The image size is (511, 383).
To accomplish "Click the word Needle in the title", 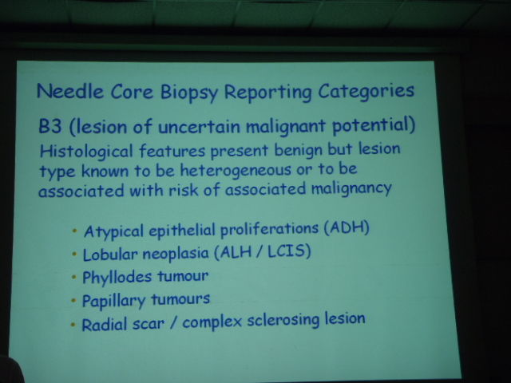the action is tap(70, 91).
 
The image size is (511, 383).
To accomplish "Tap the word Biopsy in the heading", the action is tap(188, 93).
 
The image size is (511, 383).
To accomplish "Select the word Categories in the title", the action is tap(366, 91).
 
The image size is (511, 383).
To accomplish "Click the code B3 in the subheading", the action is tap(50, 126).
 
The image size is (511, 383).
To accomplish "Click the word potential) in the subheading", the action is tap(374, 125).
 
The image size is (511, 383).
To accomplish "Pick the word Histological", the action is tap(86, 152).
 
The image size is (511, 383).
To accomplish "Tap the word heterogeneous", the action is tap(236, 171).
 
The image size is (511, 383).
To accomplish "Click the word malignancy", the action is tap(351, 189).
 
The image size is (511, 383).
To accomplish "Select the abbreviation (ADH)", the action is tap(347, 227).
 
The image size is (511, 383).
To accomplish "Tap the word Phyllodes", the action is tap(117, 278).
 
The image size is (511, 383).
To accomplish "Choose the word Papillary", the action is tap(113, 301).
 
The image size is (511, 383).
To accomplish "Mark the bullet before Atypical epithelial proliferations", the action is tap(74, 231).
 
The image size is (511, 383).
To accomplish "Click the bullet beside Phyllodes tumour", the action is tap(74, 278).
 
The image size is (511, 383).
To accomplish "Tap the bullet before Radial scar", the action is tap(73, 325).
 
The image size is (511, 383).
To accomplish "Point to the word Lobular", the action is tap(110, 255).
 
